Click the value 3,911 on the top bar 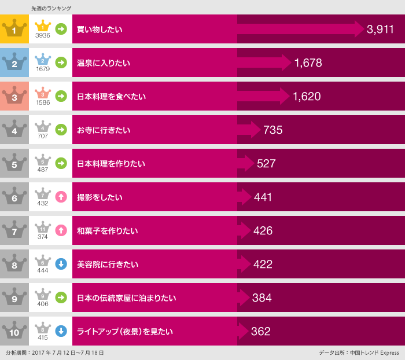point(380,30)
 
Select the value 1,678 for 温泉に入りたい point(308,63)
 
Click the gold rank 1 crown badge point(14,29)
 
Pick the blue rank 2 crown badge point(14,63)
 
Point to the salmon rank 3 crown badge point(14,96)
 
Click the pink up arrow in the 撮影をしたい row point(61,197)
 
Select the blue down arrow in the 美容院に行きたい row point(61,264)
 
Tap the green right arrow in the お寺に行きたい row point(61,130)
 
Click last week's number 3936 point(43,36)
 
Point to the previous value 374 point(43,237)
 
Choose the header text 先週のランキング point(51,8)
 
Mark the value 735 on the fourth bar point(273,130)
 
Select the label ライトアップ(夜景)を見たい point(125,332)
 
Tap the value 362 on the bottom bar point(260,332)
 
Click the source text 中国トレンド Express point(374,352)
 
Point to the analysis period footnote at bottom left point(54,352)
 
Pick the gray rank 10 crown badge point(14,331)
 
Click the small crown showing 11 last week point(43,226)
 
